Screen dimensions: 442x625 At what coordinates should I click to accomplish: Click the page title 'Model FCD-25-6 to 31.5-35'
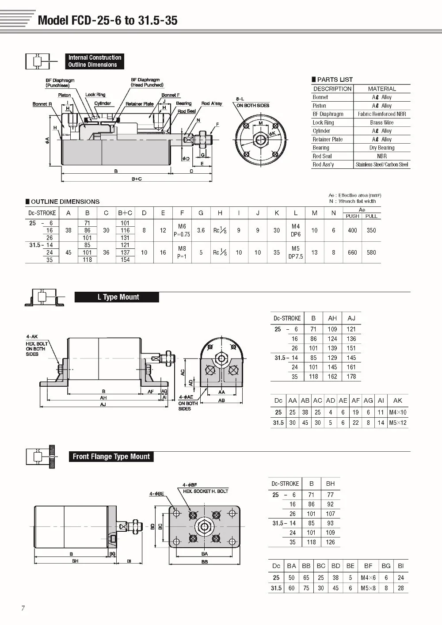click(107, 20)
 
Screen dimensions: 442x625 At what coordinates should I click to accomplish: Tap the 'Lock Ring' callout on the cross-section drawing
click(95, 95)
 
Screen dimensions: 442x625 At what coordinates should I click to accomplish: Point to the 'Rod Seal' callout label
click(187, 111)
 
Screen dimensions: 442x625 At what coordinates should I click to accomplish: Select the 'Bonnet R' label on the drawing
click(42, 104)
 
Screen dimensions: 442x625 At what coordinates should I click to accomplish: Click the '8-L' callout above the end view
click(240, 99)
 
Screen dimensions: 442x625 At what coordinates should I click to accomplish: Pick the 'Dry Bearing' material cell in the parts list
click(382, 148)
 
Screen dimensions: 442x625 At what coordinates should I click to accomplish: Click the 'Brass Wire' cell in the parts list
click(382, 122)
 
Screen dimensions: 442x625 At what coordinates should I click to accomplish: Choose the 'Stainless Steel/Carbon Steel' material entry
click(382, 164)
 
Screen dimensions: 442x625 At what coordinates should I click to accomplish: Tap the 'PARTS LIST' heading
click(332, 80)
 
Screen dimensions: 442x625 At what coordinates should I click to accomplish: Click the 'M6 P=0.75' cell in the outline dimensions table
click(182, 230)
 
